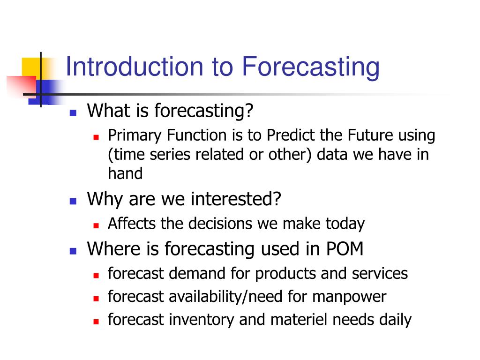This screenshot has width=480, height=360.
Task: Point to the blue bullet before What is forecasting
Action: click(x=73, y=113)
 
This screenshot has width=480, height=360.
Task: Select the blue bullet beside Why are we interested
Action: click(x=73, y=201)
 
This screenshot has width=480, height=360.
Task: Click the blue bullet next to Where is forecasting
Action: click(x=73, y=251)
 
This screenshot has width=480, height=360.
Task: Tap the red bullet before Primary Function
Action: click(x=96, y=137)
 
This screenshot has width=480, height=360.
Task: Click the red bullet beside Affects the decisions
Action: click(x=96, y=225)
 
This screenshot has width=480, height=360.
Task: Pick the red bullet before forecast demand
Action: click(x=96, y=276)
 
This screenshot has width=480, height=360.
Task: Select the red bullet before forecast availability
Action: click(x=96, y=299)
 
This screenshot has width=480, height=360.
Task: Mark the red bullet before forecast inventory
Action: click(x=96, y=322)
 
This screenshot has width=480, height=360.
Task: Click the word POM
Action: click(x=345, y=248)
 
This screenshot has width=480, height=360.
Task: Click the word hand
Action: click(x=126, y=173)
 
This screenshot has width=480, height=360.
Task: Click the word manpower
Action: click(x=349, y=297)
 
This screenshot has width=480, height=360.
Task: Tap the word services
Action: click(x=380, y=273)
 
